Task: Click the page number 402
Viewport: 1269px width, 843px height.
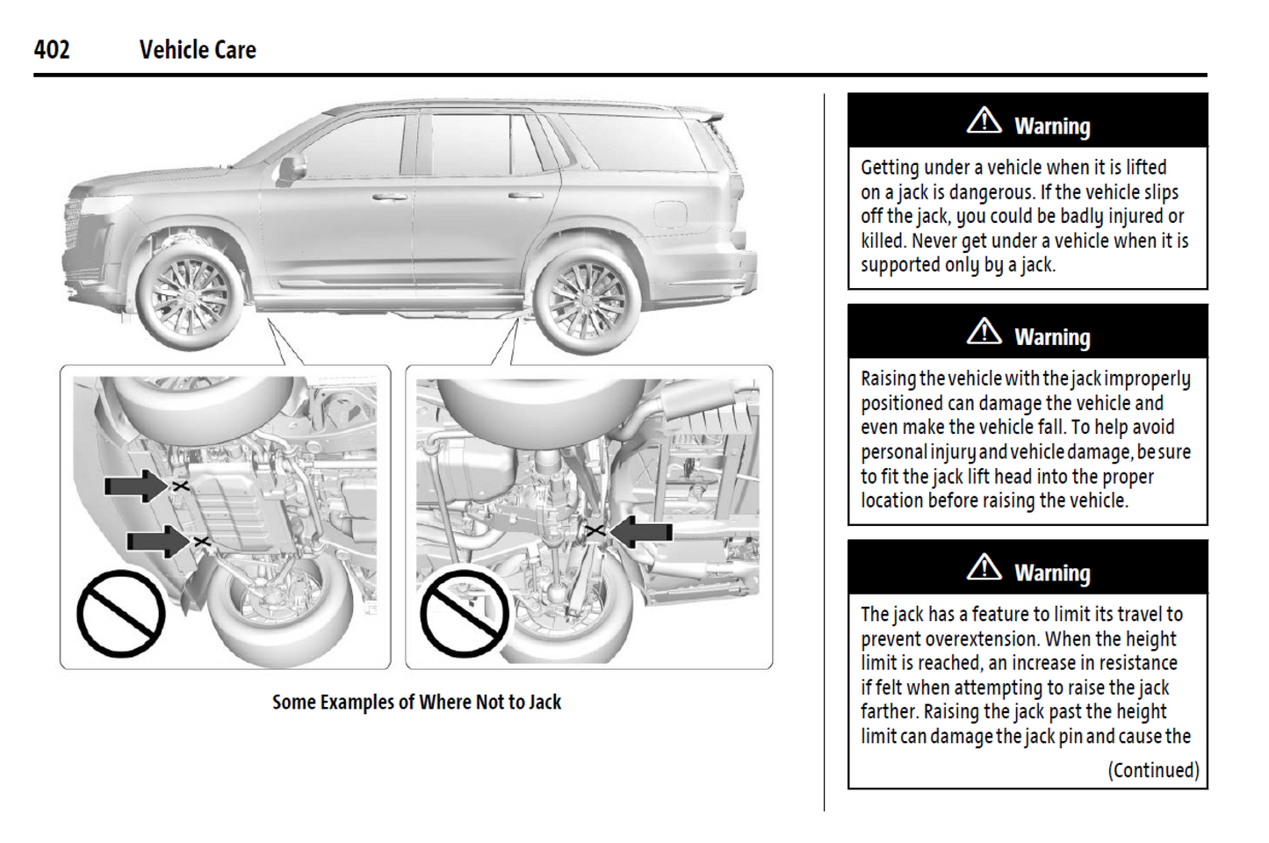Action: (x=52, y=49)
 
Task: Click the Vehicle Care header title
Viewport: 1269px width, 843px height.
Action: (x=198, y=50)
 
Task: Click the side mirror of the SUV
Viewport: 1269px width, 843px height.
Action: (x=292, y=166)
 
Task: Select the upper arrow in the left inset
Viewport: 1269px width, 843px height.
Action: (x=134, y=486)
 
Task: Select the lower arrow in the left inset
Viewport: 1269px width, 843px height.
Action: (x=156, y=541)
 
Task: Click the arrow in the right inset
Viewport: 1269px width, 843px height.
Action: (x=641, y=531)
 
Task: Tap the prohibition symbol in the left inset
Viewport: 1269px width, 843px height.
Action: (x=120, y=614)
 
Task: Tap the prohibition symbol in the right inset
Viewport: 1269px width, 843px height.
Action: (x=464, y=614)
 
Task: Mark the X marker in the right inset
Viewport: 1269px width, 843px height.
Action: (x=595, y=530)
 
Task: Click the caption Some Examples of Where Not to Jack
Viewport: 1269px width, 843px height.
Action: (x=416, y=702)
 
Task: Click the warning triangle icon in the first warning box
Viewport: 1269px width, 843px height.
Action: (x=984, y=121)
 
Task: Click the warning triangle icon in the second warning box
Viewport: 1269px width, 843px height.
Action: (x=984, y=332)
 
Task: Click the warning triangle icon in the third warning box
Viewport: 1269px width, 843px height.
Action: (x=984, y=568)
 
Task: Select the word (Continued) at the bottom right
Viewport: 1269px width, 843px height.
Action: (x=1152, y=770)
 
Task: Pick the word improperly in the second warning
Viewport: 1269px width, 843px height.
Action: (x=1147, y=379)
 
